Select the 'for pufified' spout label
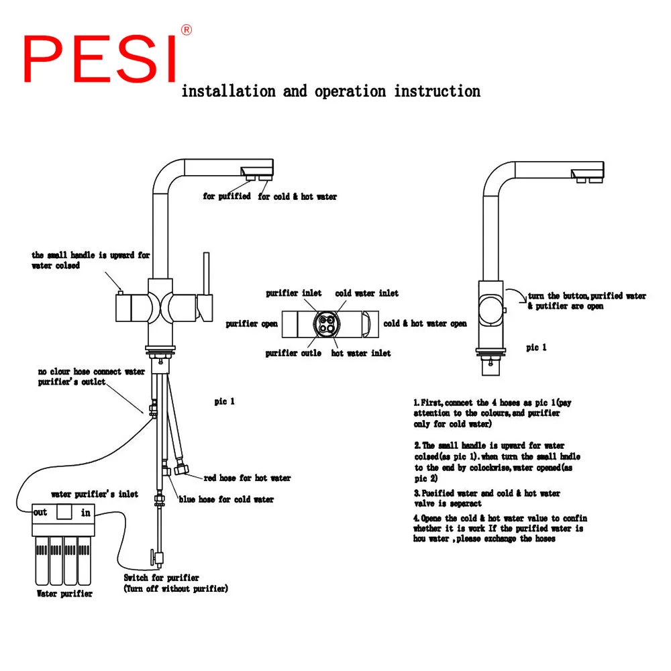(x=227, y=196)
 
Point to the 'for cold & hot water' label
(x=297, y=197)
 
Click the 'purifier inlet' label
(x=293, y=293)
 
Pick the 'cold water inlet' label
(x=366, y=293)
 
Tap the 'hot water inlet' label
(x=361, y=353)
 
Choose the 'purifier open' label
(x=252, y=323)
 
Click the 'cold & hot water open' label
(x=425, y=323)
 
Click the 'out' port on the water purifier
(x=41, y=512)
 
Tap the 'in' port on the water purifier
(x=86, y=512)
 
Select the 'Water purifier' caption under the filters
(x=64, y=593)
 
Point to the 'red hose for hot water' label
(x=247, y=478)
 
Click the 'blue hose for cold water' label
(x=226, y=499)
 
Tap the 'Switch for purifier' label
(x=161, y=577)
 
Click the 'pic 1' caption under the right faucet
(x=536, y=347)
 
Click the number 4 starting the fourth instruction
(x=416, y=518)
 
